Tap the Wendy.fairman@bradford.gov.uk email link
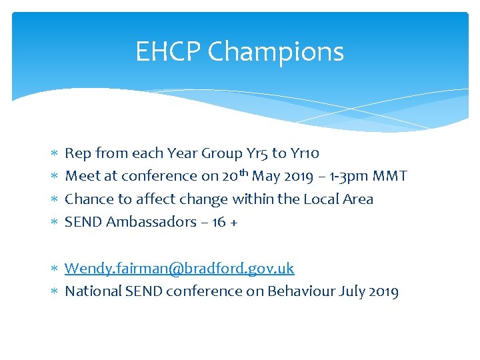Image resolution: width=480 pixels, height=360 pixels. coord(179,268)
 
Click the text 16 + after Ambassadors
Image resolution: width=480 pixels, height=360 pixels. coord(225,222)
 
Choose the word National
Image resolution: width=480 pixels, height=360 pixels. coord(93,291)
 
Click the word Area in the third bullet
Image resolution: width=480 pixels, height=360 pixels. coord(358,199)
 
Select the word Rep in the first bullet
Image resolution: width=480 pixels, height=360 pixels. coord(77,153)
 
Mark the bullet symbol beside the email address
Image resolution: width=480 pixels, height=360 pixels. coord(55,269)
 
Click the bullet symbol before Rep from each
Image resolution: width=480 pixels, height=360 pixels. coord(55,154)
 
